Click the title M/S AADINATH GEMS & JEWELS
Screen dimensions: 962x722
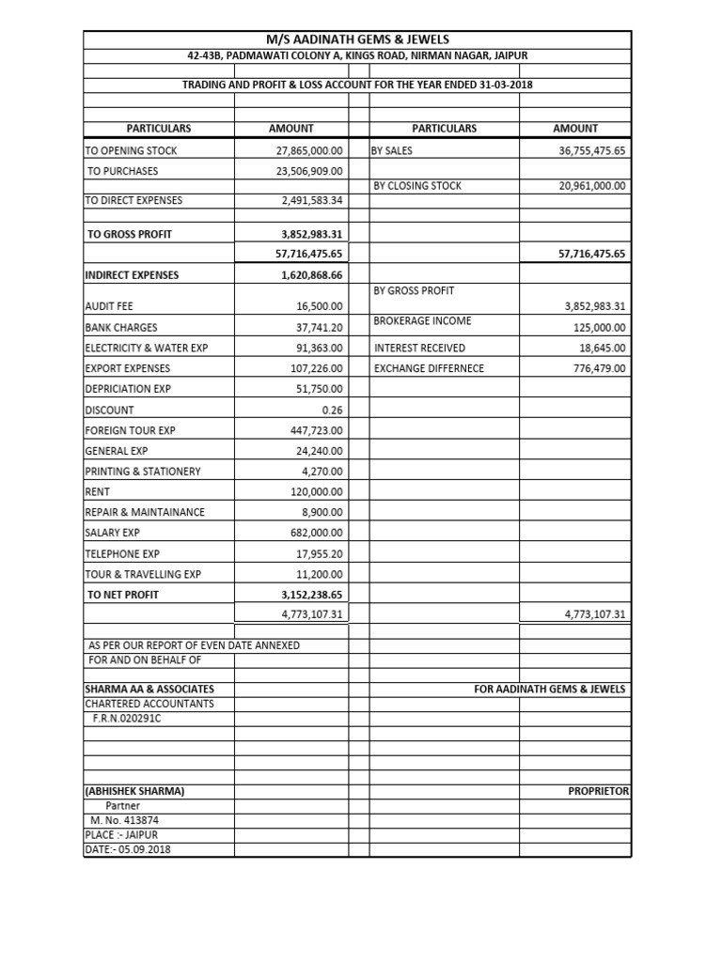tap(357, 39)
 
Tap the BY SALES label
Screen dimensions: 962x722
tap(392, 150)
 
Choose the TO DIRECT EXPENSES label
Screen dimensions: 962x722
tap(133, 200)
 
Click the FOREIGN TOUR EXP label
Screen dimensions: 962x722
tap(130, 430)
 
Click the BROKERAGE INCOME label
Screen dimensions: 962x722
tap(422, 321)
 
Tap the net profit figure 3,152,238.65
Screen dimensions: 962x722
tap(312, 595)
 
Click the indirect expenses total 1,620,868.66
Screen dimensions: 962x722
tap(312, 275)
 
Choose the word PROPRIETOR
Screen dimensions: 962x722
tap(598, 791)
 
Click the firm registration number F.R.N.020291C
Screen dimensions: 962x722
tap(127, 718)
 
